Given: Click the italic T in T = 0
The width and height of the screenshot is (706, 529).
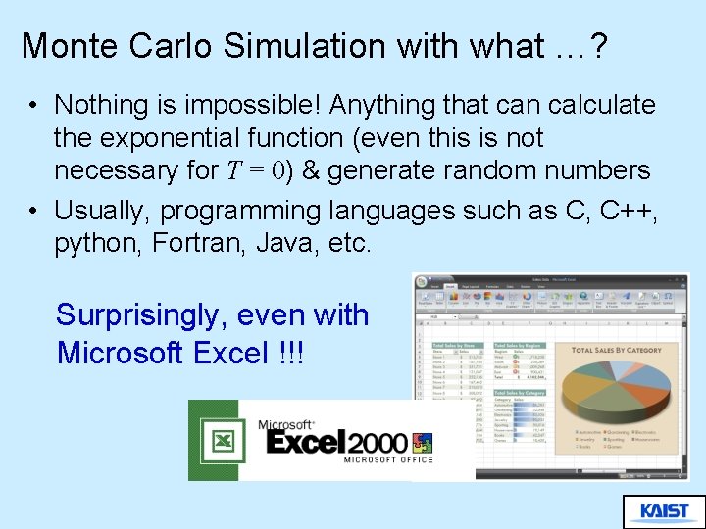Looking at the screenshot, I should tap(232, 170).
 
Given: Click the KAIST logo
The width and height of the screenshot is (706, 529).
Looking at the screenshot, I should tap(664, 510).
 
